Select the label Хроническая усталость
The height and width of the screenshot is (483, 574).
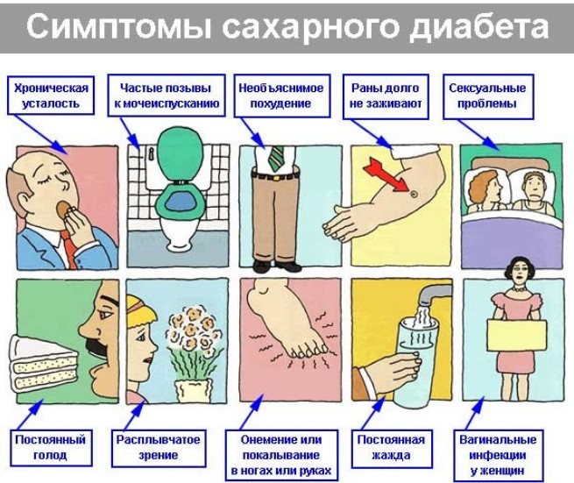pos(51,96)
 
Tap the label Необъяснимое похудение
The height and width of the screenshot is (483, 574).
pos(282,96)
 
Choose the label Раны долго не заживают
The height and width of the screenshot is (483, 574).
pos(386,96)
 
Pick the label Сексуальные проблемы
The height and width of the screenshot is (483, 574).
pos(488,96)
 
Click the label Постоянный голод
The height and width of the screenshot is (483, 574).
pos(51,447)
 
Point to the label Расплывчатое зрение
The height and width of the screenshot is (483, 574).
pos(158,447)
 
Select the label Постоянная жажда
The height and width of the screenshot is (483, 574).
pos(392,448)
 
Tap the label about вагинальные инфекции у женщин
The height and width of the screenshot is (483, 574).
pos(498,455)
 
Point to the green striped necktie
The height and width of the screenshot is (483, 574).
pos(276,158)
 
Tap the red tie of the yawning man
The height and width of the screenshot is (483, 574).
pos(69,247)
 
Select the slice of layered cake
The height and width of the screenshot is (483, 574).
pos(44,363)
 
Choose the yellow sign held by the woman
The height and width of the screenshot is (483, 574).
pos(517,335)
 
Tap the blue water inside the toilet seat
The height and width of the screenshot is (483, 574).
pos(180,200)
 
